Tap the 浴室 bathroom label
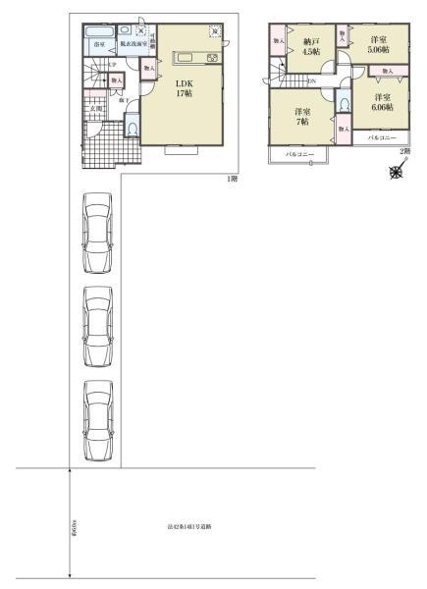[x=99, y=45]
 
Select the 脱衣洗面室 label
[x=133, y=45]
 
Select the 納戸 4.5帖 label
[x=310, y=48]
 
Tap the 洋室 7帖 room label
[x=303, y=118]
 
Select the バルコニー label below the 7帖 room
[x=299, y=155]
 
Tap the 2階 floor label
[x=404, y=152]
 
